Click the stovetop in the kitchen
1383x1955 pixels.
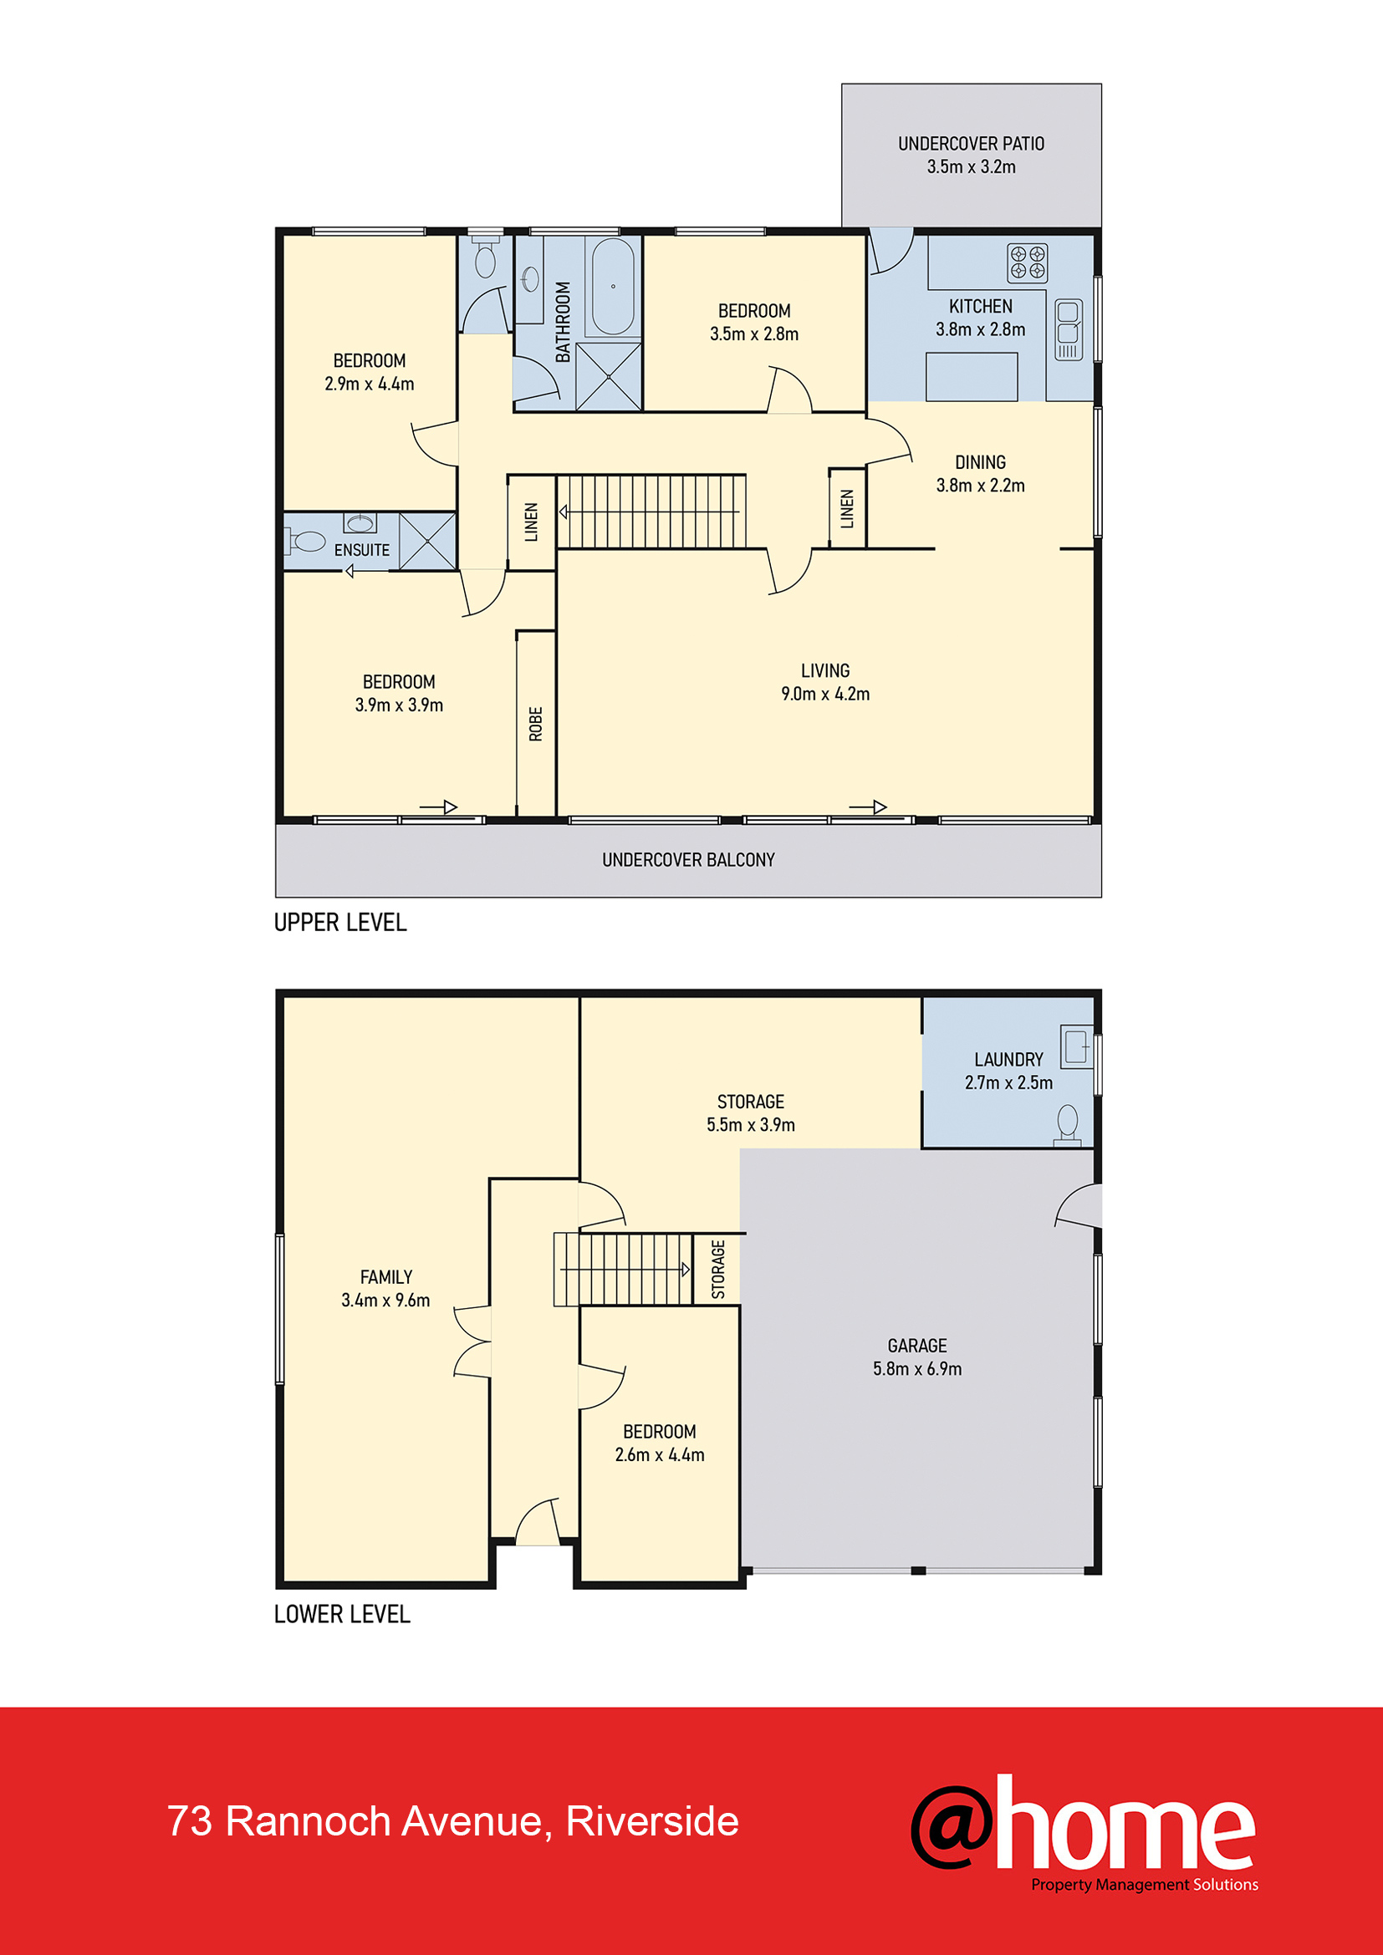(x=1027, y=262)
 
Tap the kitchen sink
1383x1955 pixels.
(x=1069, y=329)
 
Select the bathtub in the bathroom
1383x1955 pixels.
(x=612, y=287)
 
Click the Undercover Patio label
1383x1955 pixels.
(x=971, y=144)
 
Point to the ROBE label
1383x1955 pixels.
(x=536, y=724)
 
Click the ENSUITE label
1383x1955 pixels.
(x=362, y=550)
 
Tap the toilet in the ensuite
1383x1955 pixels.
(x=304, y=541)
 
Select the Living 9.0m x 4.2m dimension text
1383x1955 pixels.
(x=825, y=694)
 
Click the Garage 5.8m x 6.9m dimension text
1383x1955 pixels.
(x=917, y=1368)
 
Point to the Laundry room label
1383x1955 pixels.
(x=1008, y=1059)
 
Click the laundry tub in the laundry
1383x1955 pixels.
(x=1076, y=1046)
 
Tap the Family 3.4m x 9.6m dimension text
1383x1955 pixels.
(x=385, y=1301)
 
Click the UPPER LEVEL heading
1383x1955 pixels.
(x=339, y=922)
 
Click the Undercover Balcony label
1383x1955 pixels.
(x=688, y=860)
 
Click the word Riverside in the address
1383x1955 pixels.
(x=652, y=1821)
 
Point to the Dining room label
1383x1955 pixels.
(x=980, y=462)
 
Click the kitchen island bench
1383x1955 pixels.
(x=972, y=376)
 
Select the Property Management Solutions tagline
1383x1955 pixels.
(x=1145, y=1885)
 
